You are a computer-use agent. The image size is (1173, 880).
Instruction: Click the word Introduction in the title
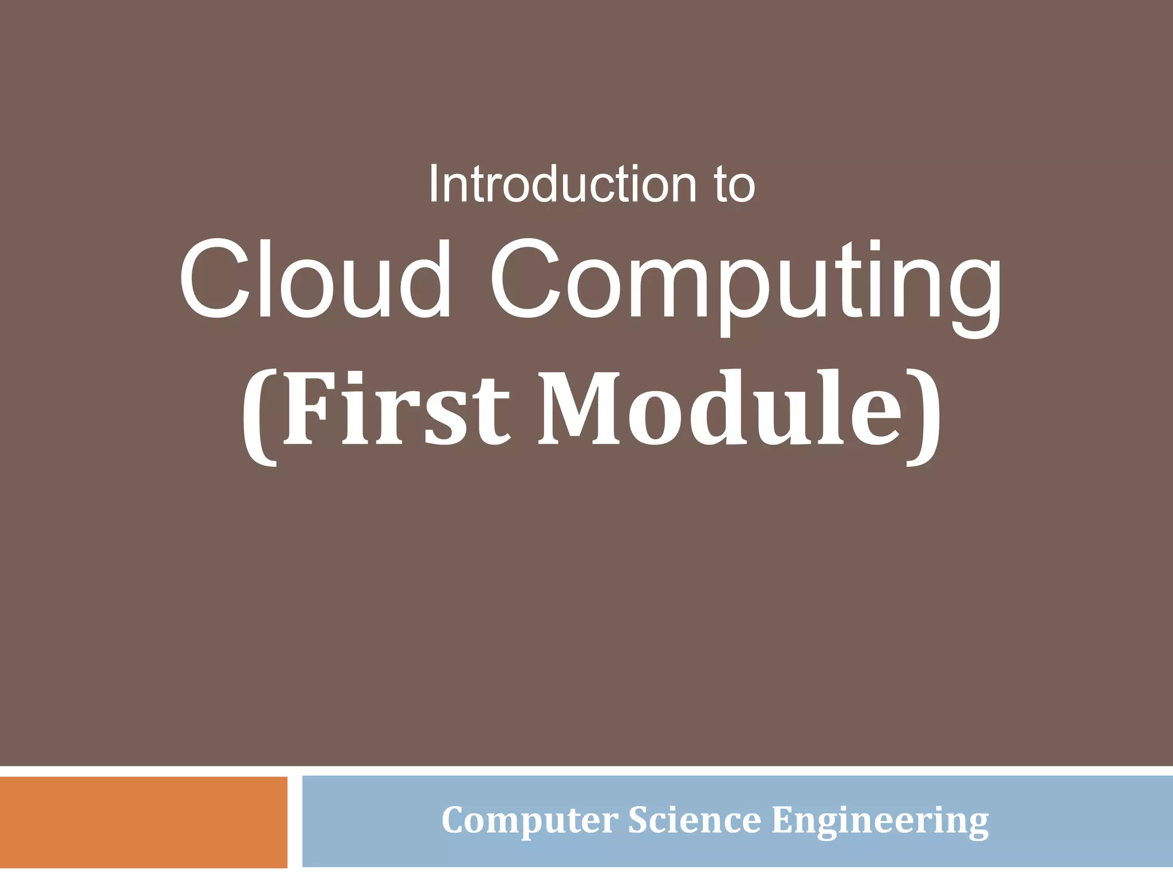coord(562,184)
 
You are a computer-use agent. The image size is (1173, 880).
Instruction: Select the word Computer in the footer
coord(529,820)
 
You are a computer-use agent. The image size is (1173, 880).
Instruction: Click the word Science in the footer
coord(694,820)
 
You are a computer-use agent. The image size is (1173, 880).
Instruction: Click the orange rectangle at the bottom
coord(143,822)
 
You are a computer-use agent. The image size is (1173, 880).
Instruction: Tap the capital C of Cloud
coord(215,279)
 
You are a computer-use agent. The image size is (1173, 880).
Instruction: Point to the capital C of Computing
coord(525,279)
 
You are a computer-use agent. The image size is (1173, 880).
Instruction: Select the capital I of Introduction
coord(434,184)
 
